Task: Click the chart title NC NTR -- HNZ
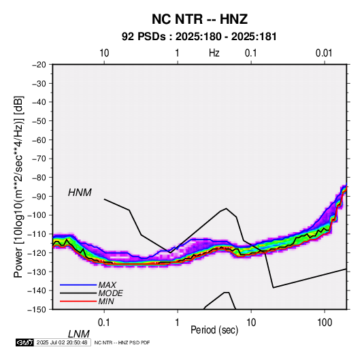coord(199,19)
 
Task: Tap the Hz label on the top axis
coord(214,53)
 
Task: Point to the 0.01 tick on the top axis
coord(324,53)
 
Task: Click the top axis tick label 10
coord(104,53)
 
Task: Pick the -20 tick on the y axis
coord(39,65)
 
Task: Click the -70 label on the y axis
coord(39,159)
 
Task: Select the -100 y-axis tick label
coord(37,215)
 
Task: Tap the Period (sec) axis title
coord(214,330)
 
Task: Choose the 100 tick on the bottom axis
coord(325,323)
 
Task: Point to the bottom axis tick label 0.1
coord(104,323)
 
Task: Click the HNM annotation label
coord(80,193)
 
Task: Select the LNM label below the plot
coord(78,334)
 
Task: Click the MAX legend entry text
coord(107,285)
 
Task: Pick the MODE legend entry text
coord(110,293)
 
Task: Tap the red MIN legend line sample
coord(78,301)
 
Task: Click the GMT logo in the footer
coord(25,342)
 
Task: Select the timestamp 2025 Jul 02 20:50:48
coord(62,342)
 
